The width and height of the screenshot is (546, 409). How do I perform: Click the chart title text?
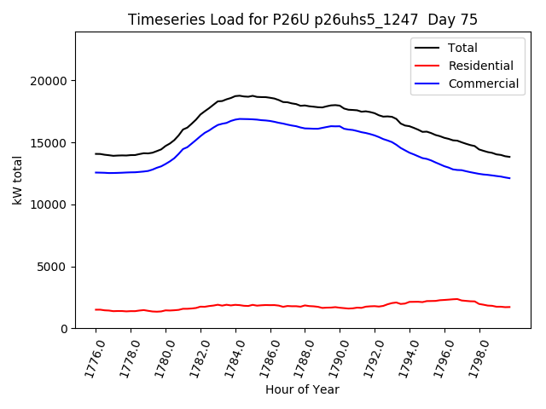pyautogui.click(x=303, y=20)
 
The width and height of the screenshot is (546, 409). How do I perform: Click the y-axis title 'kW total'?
pyautogui.click(x=18, y=180)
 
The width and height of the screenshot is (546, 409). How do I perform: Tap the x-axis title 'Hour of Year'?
pyautogui.click(x=302, y=389)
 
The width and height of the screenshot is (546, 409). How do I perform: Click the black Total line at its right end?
pyautogui.click(x=509, y=157)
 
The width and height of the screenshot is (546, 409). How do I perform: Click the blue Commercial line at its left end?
pyautogui.click(x=96, y=172)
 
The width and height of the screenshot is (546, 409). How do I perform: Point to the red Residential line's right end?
pyautogui.click(x=509, y=307)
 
